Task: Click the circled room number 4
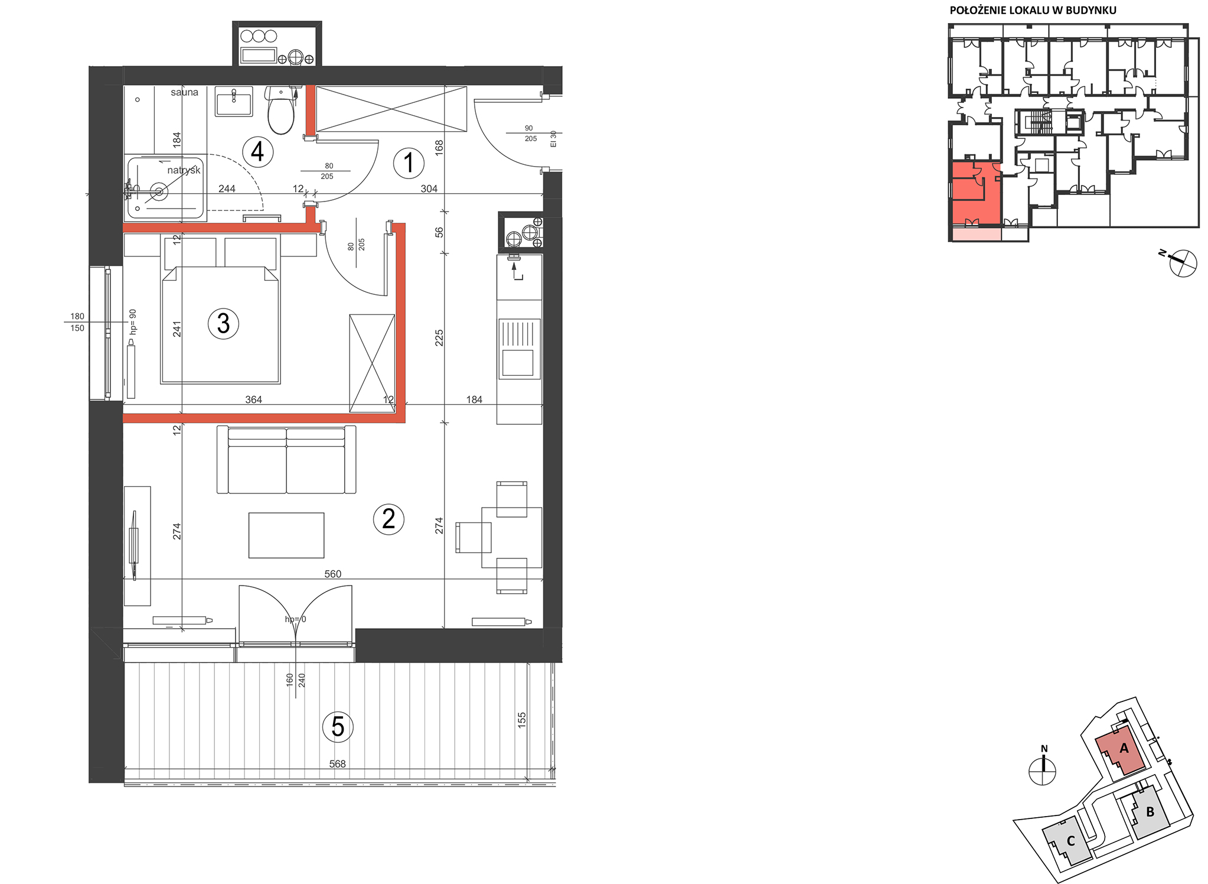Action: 257,152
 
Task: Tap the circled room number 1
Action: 409,162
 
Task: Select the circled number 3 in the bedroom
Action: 223,323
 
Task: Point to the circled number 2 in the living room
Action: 388,519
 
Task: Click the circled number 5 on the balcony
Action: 338,727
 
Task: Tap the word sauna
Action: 185,92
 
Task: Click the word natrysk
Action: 184,170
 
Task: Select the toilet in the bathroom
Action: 281,110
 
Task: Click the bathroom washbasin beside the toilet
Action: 234,102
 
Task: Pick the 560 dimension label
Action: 333,574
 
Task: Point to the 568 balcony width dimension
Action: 337,764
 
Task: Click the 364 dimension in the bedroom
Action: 253,399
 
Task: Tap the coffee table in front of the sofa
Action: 286,535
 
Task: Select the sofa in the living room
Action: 286,460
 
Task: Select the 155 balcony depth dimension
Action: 522,719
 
